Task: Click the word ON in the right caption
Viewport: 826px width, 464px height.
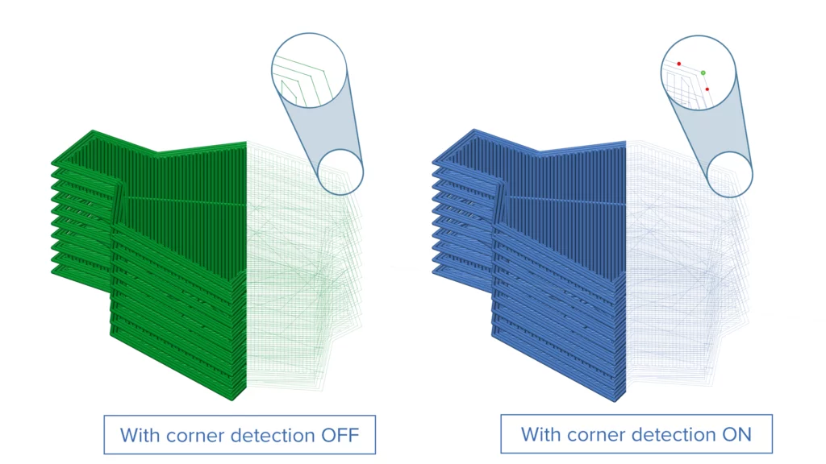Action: [735, 435]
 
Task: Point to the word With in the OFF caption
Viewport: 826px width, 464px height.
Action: [140, 436]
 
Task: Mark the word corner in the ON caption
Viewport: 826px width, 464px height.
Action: [596, 435]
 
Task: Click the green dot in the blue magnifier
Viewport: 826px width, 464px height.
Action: [703, 72]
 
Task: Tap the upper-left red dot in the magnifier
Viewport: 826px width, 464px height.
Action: [679, 64]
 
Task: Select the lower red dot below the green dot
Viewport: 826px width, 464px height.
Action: [707, 89]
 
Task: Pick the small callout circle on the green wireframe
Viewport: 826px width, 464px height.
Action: [340, 171]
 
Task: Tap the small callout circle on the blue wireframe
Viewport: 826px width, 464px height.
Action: [730, 173]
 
